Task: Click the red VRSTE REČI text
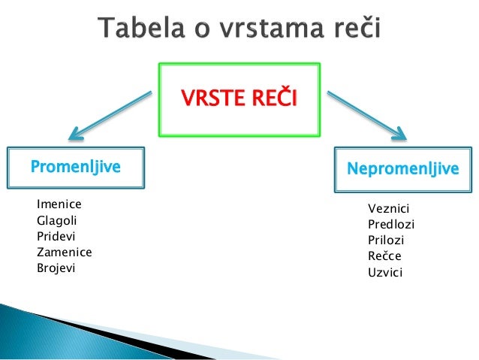(238, 98)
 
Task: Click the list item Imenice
(59, 204)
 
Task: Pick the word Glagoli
(57, 220)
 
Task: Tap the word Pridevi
(56, 236)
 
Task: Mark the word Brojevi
(56, 268)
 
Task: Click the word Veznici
(388, 208)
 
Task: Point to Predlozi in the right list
(390, 224)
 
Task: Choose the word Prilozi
(386, 240)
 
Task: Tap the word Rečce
(384, 256)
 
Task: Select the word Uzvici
(385, 272)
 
